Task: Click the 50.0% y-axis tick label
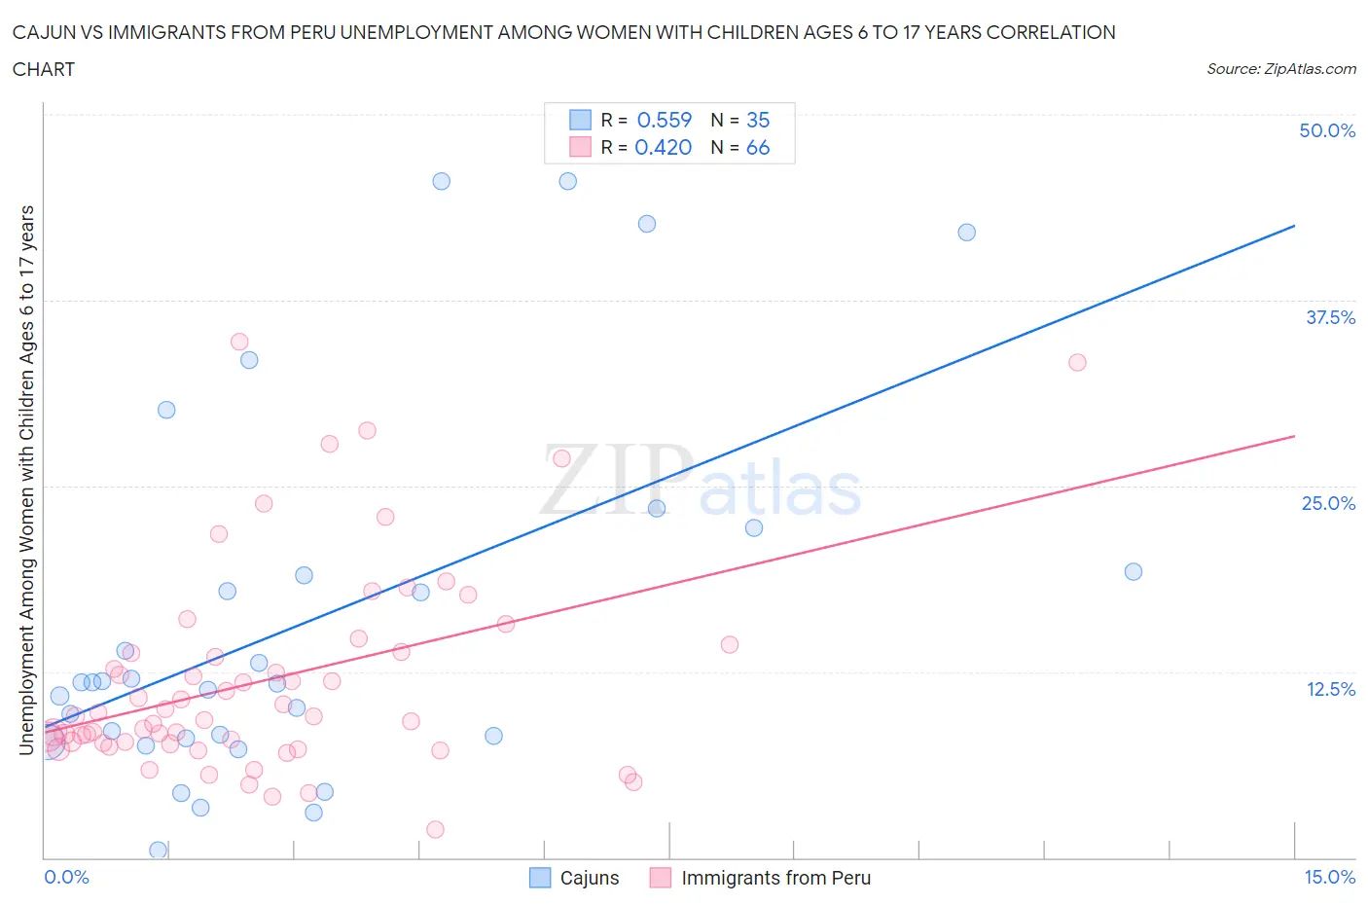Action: click(x=1327, y=130)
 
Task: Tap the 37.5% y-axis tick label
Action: click(x=1330, y=317)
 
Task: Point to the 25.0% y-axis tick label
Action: click(x=1328, y=503)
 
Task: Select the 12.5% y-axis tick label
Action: click(x=1330, y=689)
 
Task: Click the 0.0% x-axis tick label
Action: click(x=66, y=877)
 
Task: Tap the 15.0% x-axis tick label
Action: click(x=1329, y=877)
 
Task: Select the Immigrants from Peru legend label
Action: click(x=775, y=878)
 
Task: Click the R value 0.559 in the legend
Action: click(x=664, y=120)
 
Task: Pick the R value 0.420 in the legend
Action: click(x=663, y=147)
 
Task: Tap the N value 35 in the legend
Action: click(x=758, y=120)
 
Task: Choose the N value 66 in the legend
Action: click(x=758, y=147)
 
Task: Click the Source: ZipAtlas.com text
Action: click(x=1280, y=68)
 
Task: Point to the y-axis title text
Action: click(x=26, y=480)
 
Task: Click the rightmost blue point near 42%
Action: click(x=966, y=232)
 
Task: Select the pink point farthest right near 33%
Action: click(x=1077, y=362)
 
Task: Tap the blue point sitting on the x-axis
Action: click(x=158, y=850)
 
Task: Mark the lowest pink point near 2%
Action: click(x=435, y=829)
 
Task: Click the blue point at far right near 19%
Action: click(x=1133, y=571)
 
